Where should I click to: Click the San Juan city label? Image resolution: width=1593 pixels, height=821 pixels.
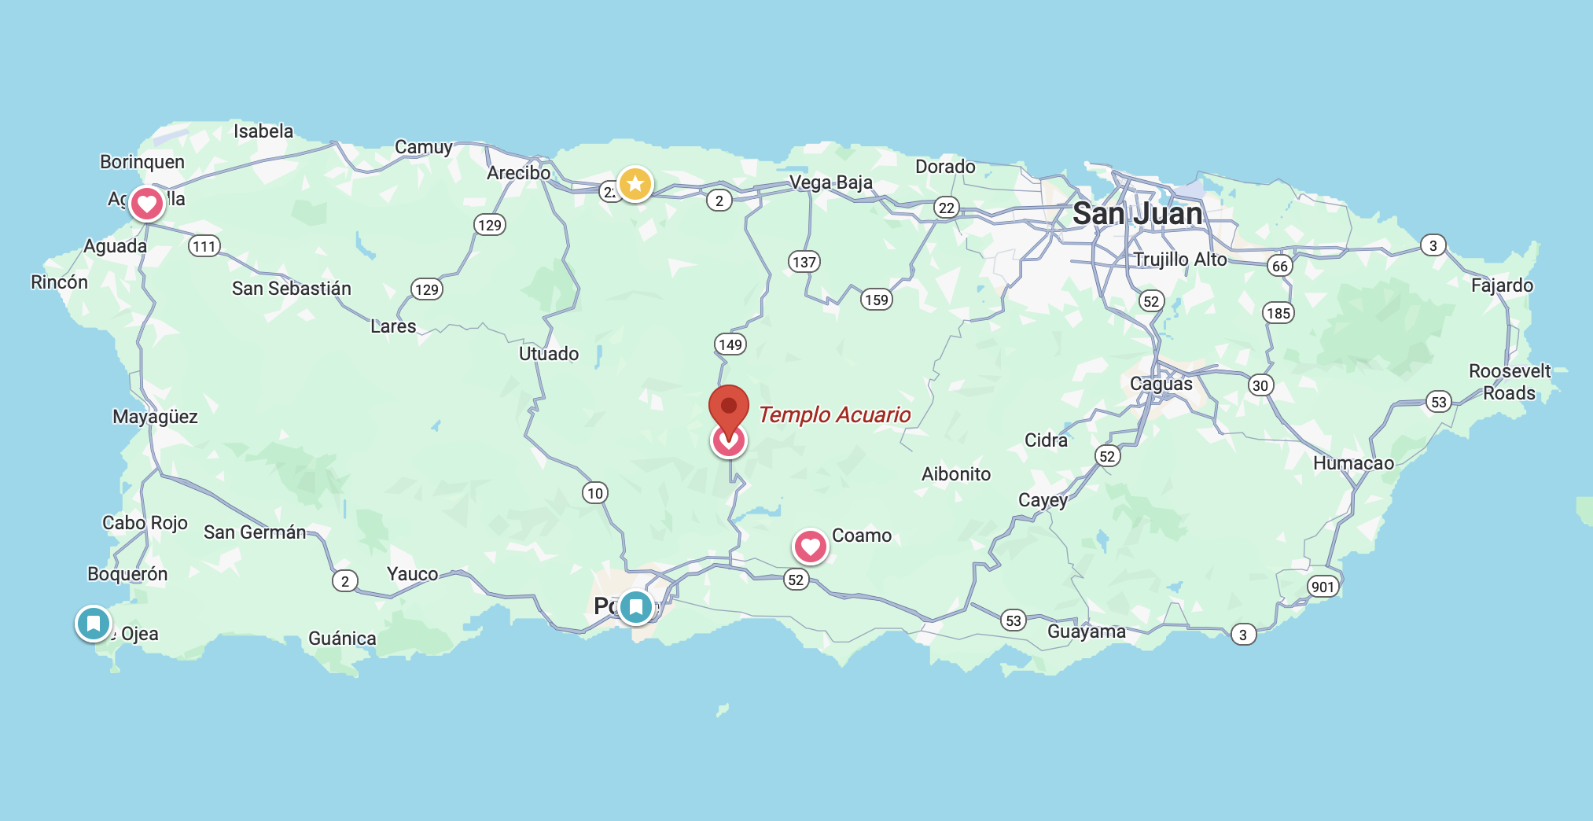tap(1137, 214)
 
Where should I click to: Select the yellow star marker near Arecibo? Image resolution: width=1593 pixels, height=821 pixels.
tap(635, 184)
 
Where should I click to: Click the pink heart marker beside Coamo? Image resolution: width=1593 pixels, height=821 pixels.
tap(810, 547)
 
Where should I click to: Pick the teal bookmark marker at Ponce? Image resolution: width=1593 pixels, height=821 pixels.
tap(635, 606)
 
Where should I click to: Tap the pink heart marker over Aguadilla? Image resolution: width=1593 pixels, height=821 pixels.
tap(146, 204)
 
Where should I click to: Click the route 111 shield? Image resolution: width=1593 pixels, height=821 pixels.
tap(204, 246)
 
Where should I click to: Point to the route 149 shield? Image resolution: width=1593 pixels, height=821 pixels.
tap(730, 344)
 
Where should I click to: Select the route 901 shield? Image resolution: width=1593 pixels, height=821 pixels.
tap(1323, 587)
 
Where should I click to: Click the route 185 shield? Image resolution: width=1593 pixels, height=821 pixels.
tap(1278, 313)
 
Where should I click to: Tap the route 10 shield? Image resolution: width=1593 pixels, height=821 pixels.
tap(595, 493)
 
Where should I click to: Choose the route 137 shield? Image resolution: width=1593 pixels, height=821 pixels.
tap(804, 262)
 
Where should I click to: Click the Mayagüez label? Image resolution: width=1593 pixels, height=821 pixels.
tap(155, 417)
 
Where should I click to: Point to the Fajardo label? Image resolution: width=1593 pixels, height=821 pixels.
tap(1502, 285)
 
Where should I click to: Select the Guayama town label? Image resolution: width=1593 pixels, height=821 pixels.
tap(1086, 631)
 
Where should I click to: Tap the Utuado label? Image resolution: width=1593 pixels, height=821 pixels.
tap(548, 354)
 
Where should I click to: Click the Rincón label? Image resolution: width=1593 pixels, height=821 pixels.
tap(59, 282)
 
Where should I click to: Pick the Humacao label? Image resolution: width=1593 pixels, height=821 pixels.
tap(1353, 463)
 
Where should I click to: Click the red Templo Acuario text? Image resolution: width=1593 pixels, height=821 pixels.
tap(834, 414)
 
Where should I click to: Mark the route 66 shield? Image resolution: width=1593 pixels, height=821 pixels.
tap(1280, 266)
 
